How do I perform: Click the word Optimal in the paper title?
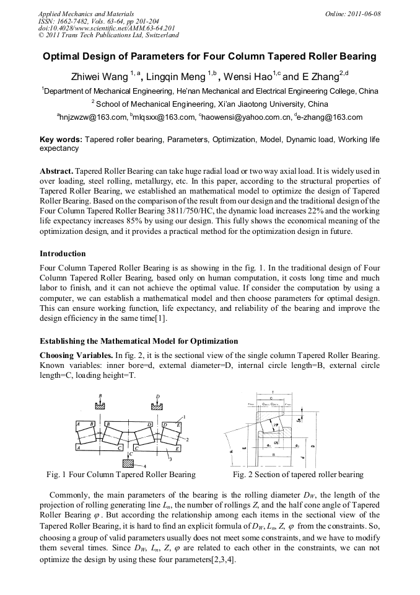pos(62,56)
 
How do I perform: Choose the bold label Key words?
pos(61,140)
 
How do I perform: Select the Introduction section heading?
pos(63,254)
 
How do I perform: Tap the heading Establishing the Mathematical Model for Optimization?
pos(139,341)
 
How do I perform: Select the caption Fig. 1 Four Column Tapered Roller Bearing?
pos(121,475)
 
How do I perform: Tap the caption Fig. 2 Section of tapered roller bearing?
pos(298,475)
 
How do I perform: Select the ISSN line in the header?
pos(98,21)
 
